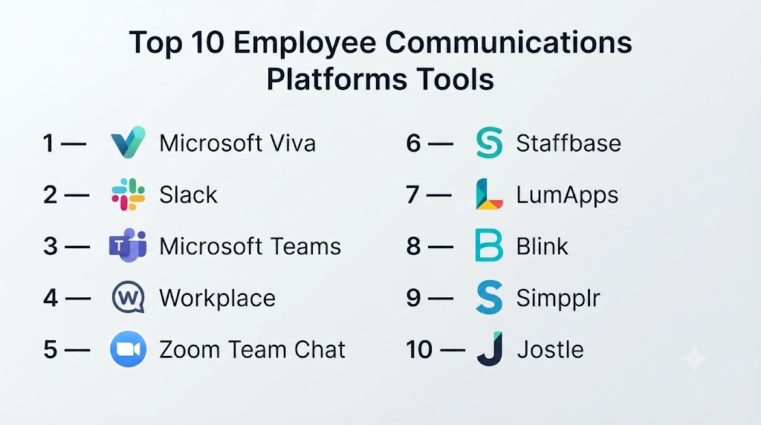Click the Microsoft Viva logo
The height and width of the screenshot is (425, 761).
pos(128,143)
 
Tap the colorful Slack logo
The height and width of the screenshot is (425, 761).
pos(128,195)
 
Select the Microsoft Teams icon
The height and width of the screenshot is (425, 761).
pos(128,245)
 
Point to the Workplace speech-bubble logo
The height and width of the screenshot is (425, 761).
pos(128,297)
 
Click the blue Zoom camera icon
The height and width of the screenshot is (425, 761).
pos(128,348)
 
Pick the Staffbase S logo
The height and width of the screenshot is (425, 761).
pos(489,143)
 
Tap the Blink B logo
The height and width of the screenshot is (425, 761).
pos(489,245)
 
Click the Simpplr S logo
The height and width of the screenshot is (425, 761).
pos(489,297)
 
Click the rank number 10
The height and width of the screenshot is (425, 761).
pos(419,349)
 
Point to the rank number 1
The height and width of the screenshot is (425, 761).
pos(48,143)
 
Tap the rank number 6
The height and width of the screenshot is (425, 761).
pos(413,143)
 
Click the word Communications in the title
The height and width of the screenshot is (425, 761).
pos(508,42)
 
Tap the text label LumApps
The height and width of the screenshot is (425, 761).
pos(567,195)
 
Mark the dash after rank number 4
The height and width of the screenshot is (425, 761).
pos(77,298)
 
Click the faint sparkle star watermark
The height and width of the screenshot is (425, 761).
pos(695,359)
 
